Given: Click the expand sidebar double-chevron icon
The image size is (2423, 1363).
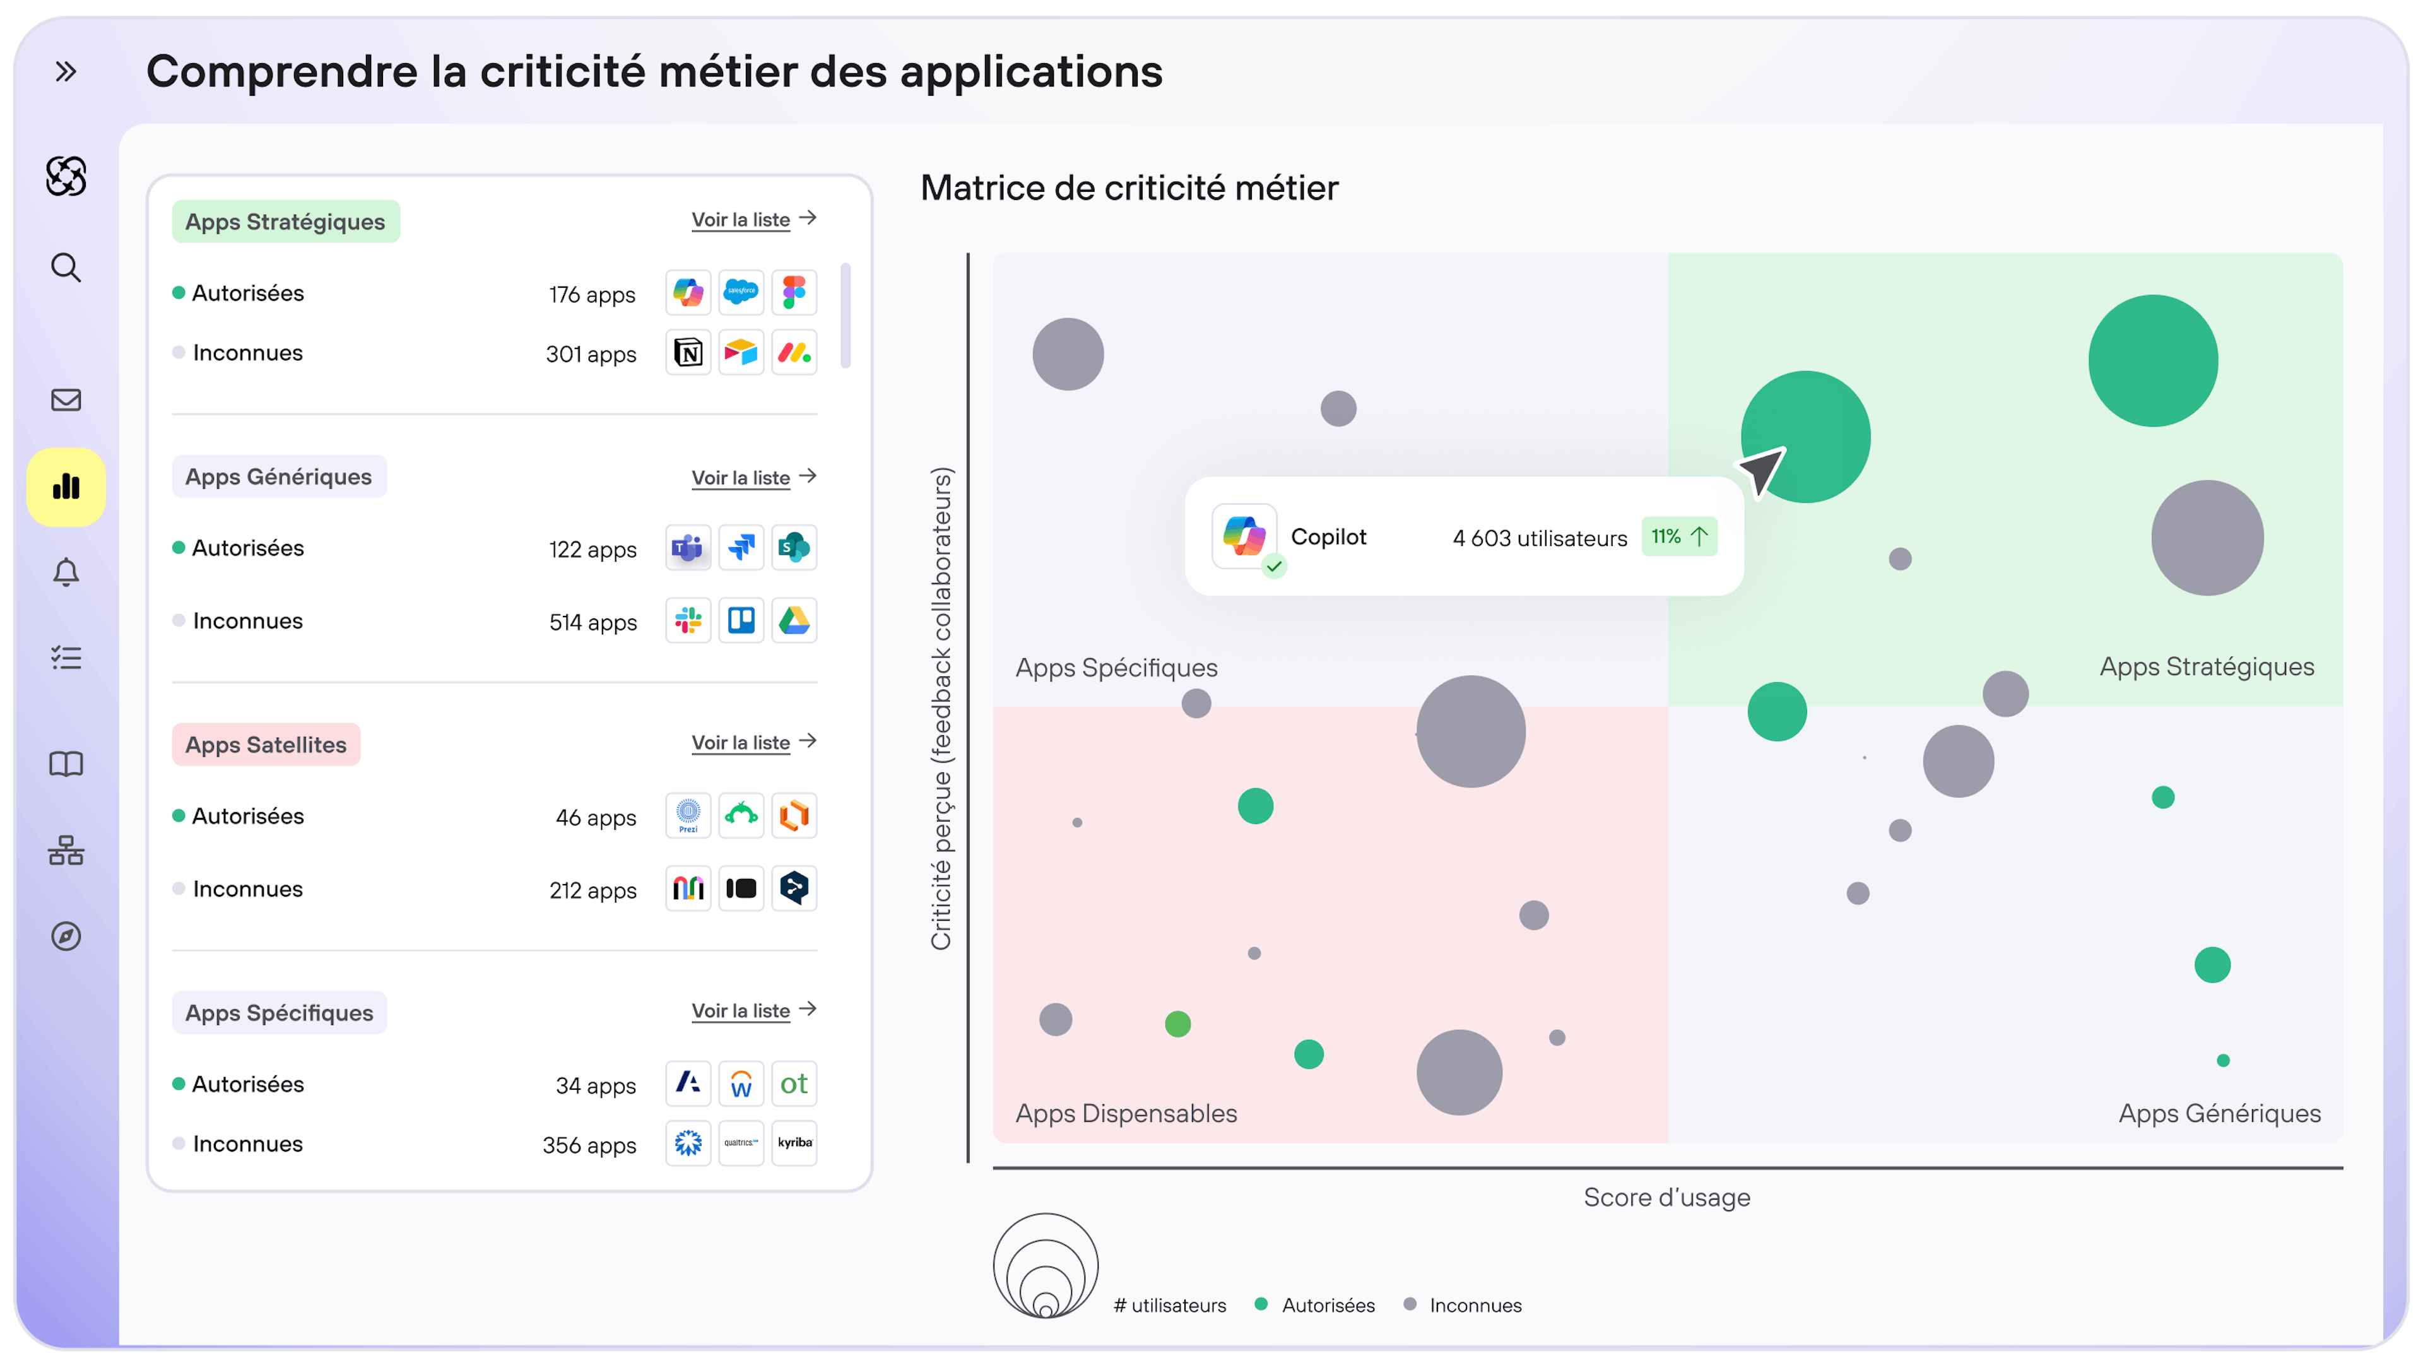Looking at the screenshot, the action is [66, 71].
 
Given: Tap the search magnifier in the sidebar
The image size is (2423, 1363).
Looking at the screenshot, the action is [66, 267].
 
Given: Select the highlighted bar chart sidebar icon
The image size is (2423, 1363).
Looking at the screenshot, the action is [66, 487].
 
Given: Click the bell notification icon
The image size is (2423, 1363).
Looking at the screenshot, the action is [66, 572].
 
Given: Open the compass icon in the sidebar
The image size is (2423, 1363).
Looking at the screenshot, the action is [66, 936].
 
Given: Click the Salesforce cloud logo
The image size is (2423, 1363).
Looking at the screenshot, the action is [741, 293].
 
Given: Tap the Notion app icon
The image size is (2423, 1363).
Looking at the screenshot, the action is [688, 353].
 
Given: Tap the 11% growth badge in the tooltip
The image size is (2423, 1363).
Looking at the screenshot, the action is [1679, 536].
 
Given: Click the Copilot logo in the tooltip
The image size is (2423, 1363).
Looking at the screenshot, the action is [1244, 535].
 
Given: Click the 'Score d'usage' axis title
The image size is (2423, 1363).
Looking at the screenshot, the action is [1666, 1198].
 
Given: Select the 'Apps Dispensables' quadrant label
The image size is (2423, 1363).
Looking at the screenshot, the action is [1126, 1114].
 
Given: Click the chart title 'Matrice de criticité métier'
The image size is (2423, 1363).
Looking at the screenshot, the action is [1129, 188].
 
